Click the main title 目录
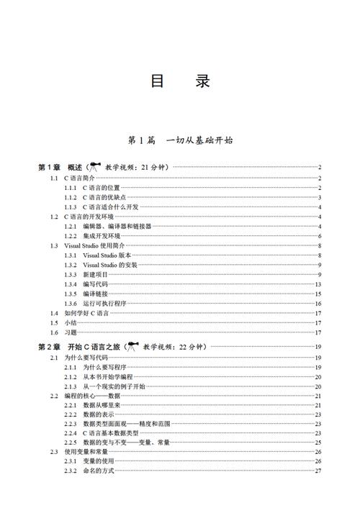(x=180, y=81)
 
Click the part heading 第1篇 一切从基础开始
(x=179, y=140)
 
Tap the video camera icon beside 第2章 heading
(x=132, y=346)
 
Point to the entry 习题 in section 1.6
(x=70, y=333)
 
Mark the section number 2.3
(x=54, y=452)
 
